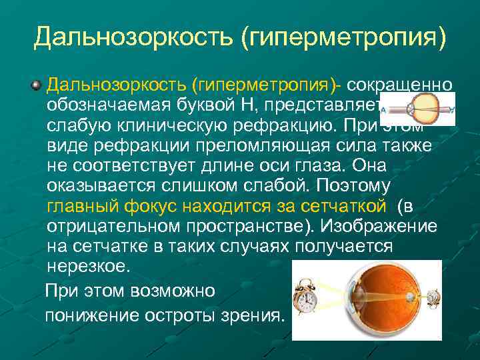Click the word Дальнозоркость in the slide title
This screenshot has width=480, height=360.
[x=133, y=38]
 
